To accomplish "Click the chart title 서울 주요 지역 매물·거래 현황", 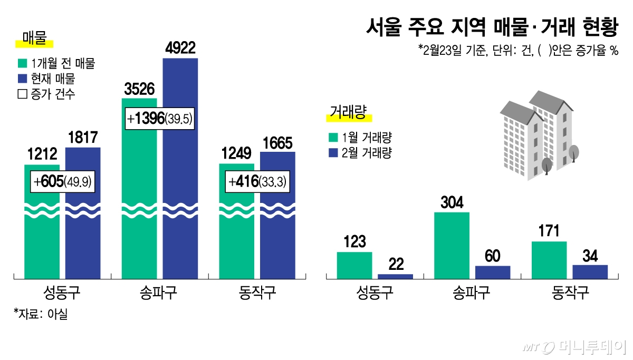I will point(491,26).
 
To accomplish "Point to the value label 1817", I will point(83,138).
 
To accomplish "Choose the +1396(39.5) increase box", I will point(160,119).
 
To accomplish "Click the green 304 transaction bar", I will point(452,245).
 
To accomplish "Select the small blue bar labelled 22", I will point(395,276).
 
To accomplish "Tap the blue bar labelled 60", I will point(493,272).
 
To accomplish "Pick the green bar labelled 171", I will point(549,260).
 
